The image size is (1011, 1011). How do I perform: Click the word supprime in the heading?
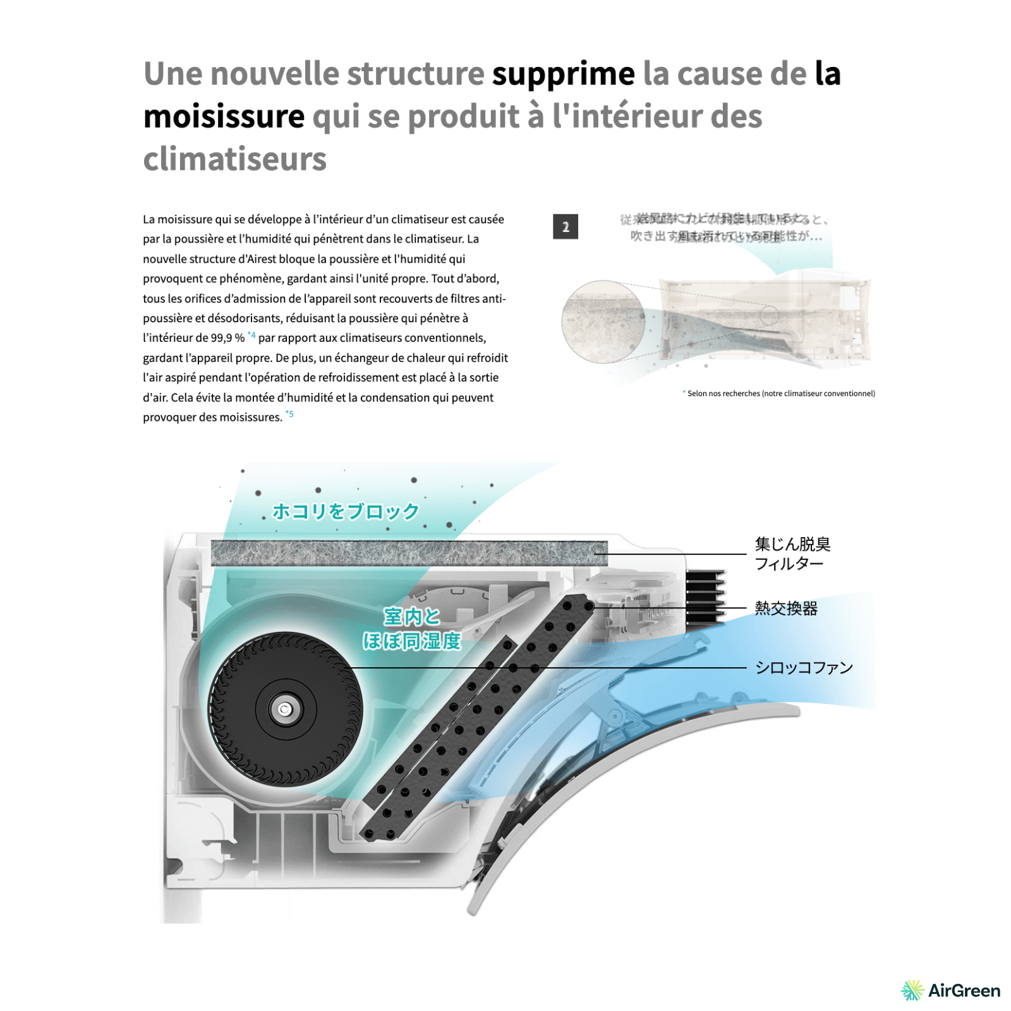(563, 75)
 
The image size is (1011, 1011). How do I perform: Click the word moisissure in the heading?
(224, 117)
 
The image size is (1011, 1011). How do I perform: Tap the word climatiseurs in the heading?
(234, 159)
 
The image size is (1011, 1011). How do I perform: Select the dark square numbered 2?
(565, 226)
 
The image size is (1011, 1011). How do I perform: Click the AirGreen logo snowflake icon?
(912, 990)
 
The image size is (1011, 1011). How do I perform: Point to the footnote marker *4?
(251, 336)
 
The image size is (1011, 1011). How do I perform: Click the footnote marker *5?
(289, 414)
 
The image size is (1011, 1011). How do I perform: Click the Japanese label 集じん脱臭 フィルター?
(792, 554)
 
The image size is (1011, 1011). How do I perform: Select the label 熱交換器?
(785, 608)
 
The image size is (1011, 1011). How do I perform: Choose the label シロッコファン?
(804, 668)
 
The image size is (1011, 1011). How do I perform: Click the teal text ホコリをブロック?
(346, 511)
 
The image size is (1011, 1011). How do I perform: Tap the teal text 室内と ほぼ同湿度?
(411, 629)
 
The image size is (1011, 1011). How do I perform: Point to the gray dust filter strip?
(409, 553)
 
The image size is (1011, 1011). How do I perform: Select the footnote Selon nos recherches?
(780, 393)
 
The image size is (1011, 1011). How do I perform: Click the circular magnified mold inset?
(603, 322)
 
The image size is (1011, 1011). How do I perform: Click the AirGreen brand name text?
(964, 990)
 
